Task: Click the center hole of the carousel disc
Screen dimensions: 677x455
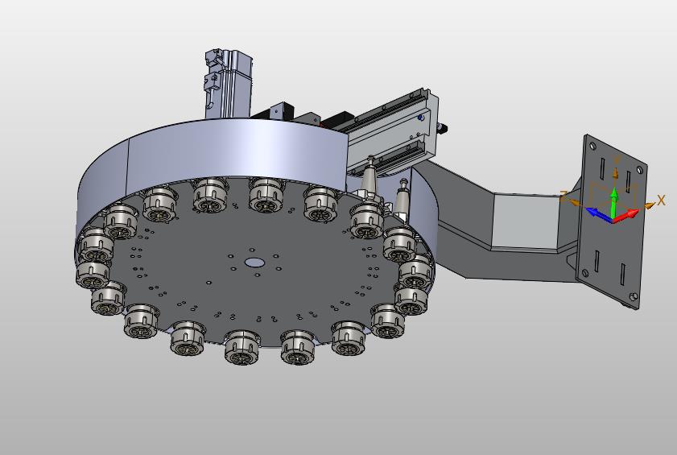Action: point(254,263)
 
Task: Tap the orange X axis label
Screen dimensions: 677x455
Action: point(661,200)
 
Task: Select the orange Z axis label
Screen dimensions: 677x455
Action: point(563,196)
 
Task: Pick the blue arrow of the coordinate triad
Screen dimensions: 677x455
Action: point(598,214)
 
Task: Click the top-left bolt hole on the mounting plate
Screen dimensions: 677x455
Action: point(592,146)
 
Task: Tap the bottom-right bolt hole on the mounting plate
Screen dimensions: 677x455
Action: point(634,296)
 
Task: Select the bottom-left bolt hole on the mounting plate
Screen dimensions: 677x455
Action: point(585,272)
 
